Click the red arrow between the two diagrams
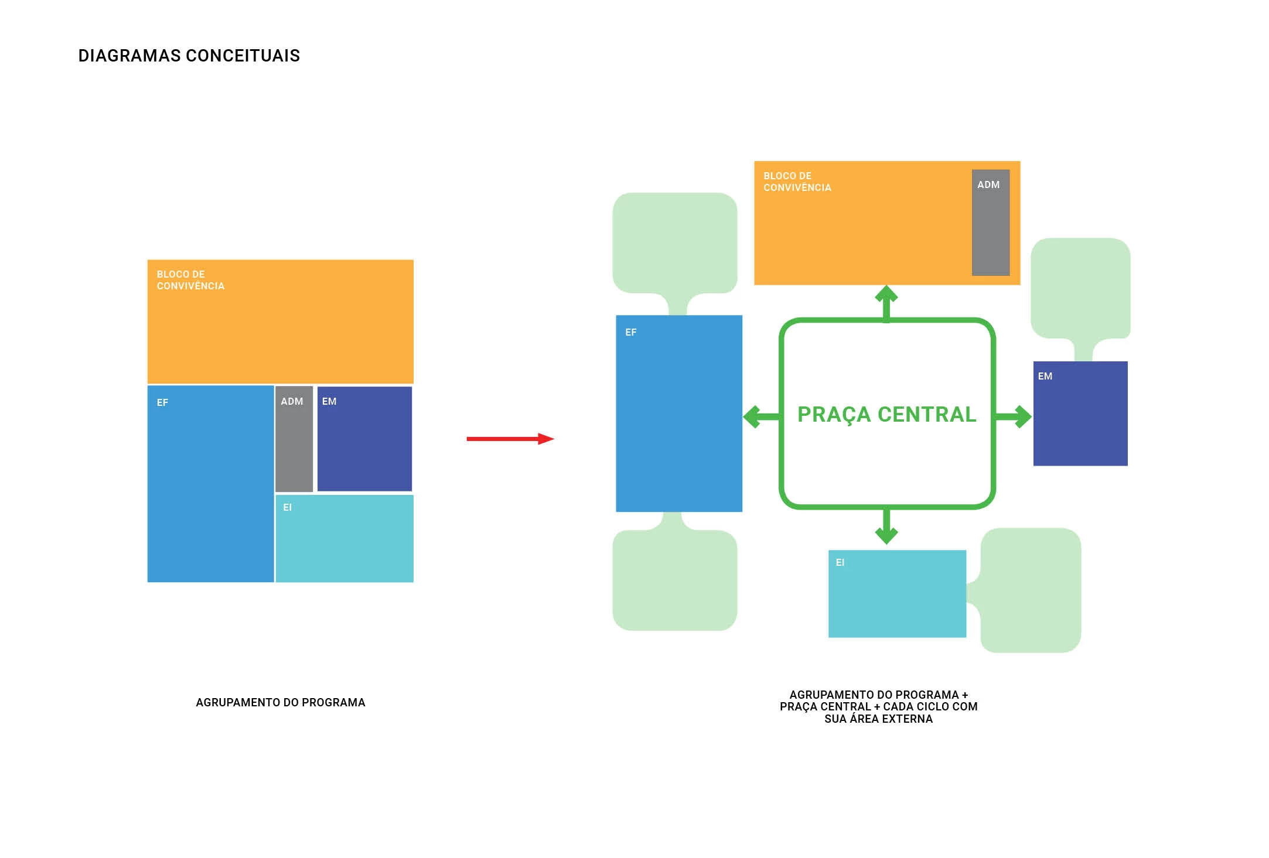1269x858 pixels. click(x=510, y=439)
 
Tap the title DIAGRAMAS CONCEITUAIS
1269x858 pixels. click(x=189, y=56)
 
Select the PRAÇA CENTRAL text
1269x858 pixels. click(x=886, y=414)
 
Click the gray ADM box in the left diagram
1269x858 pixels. click(x=294, y=439)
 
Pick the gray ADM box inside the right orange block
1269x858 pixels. click(x=990, y=223)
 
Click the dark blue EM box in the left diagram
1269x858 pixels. click(x=364, y=439)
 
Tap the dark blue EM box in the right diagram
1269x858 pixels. click(x=1080, y=413)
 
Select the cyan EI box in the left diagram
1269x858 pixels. click(x=344, y=539)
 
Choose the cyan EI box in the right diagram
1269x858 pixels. click(x=896, y=593)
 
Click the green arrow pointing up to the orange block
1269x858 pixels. click(x=886, y=302)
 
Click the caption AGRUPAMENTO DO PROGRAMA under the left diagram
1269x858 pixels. click(x=280, y=702)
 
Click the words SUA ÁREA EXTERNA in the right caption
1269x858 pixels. click(x=878, y=719)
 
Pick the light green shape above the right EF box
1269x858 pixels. click(x=674, y=243)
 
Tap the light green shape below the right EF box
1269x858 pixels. click(x=674, y=580)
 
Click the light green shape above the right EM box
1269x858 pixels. click(x=1080, y=288)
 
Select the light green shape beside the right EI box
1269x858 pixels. click(x=1031, y=590)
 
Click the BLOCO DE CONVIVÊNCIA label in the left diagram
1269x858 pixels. click(x=190, y=280)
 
